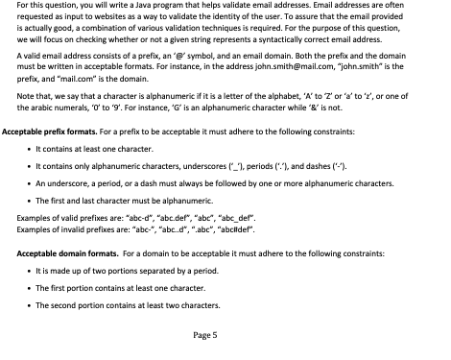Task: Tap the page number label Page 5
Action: tap(206, 335)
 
